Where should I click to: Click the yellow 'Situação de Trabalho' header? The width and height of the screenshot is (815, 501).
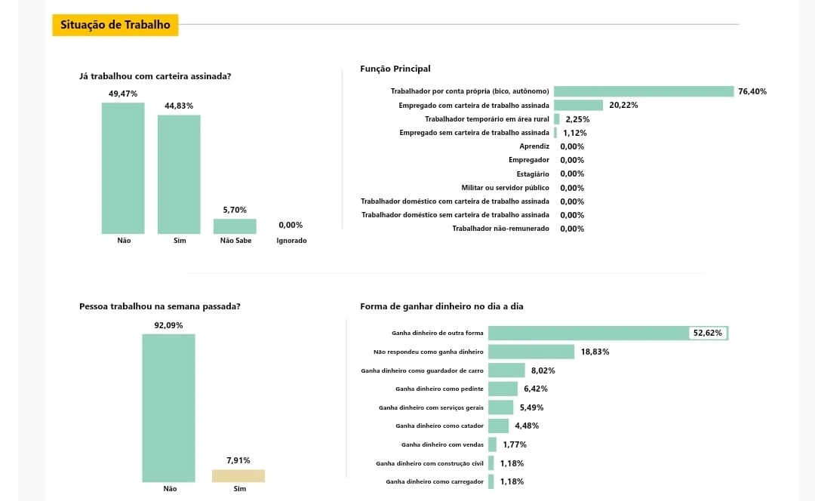(x=115, y=25)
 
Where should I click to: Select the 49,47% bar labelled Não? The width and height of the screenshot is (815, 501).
(x=123, y=168)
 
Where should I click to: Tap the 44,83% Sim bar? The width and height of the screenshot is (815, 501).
(x=179, y=174)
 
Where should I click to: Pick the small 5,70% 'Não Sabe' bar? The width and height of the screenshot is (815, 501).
(x=235, y=226)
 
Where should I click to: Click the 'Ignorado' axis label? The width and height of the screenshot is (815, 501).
(x=291, y=241)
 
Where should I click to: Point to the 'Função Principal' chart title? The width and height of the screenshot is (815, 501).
(x=395, y=69)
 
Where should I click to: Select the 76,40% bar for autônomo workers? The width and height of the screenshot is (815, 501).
(x=644, y=91)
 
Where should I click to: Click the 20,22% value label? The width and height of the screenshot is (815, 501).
(x=623, y=105)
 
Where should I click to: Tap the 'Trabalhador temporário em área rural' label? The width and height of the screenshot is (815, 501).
(x=487, y=119)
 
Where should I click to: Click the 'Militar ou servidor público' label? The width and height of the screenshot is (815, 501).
(x=505, y=188)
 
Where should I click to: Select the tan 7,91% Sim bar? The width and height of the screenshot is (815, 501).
(x=238, y=475)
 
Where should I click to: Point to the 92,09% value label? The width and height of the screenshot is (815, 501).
(x=168, y=325)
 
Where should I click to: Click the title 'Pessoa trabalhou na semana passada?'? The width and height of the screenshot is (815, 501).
(x=160, y=306)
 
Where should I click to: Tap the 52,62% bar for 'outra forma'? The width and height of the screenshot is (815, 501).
(x=589, y=333)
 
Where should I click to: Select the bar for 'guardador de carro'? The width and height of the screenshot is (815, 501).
(x=506, y=370)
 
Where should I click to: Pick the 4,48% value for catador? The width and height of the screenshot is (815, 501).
(x=527, y=426)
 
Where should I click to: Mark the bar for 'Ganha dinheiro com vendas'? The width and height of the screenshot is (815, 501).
(x=492, y=444)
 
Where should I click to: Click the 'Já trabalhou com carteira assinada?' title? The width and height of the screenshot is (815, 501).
(x=155, y=76)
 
